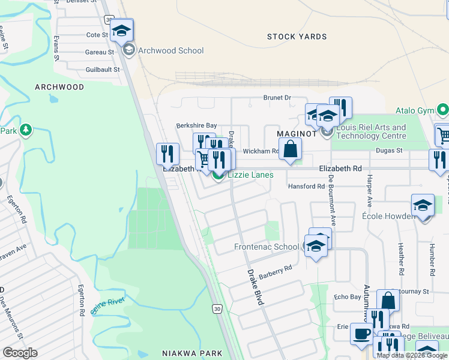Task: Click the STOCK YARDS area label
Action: [297, 37]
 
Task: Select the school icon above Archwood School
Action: [122, 31]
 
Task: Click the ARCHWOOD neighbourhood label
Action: [59, 87]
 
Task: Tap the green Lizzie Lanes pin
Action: [218, 175]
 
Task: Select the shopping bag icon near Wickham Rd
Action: [290, 149]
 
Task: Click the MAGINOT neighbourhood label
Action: [297, 133]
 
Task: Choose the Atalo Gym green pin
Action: [443, 110]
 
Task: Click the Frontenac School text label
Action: [266, 247]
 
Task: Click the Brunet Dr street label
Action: [277, 97]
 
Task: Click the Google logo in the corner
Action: [20, 353]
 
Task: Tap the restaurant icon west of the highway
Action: [167, 154]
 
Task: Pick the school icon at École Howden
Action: [423, 206]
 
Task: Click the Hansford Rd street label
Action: [305, 187]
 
